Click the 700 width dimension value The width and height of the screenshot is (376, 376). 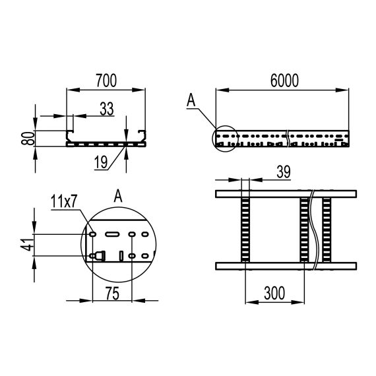point(106,80)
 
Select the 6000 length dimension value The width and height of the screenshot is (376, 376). point(284,80)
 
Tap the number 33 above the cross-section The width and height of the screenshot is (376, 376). point(107,109)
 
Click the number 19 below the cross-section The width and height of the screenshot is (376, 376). point(101,162)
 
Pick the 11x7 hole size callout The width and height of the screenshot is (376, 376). point(63,201)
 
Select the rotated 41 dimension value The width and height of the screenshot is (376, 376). point(28,245)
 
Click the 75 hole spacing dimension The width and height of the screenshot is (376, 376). point(112,294)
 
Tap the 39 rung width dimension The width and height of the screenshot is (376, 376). point(284,172)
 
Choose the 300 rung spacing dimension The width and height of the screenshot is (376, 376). point(274,293)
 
